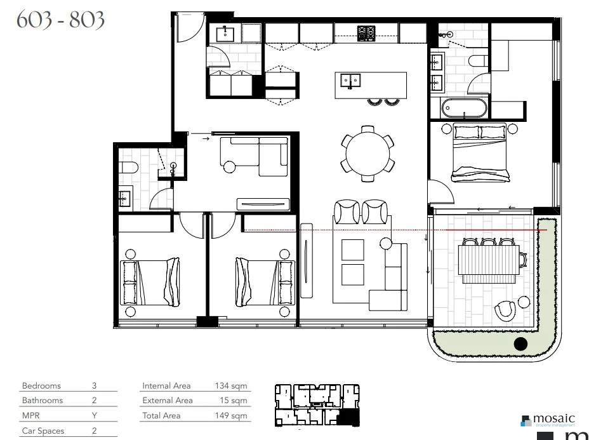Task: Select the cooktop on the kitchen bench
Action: pyautogui.click(x=366, y=33)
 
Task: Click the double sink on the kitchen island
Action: pyautogui.click(x=350, y=81)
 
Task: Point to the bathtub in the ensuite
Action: pyautogui.click(x=465, y=108)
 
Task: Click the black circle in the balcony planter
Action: pyautogui.click(x=520, y=344)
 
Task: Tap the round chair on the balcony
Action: pyautogui.click(x=506, y=310)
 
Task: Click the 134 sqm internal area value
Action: pyautogui.click(x=230, y=385)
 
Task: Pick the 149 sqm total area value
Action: pyautogui.click(x=230, y=416)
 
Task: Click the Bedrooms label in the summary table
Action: pyautogui.click(x=41, y=385)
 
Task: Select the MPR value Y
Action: pyautogui.click(x=94, y=416)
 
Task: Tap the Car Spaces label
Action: pyautogui.click(x=43, y=431)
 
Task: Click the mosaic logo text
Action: pyautogui.click(x=553, y=419)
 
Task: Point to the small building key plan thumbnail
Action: pyautogui.click(x=317, y=405)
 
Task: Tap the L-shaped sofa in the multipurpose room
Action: pyautogui.click(x=255, y=157)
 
